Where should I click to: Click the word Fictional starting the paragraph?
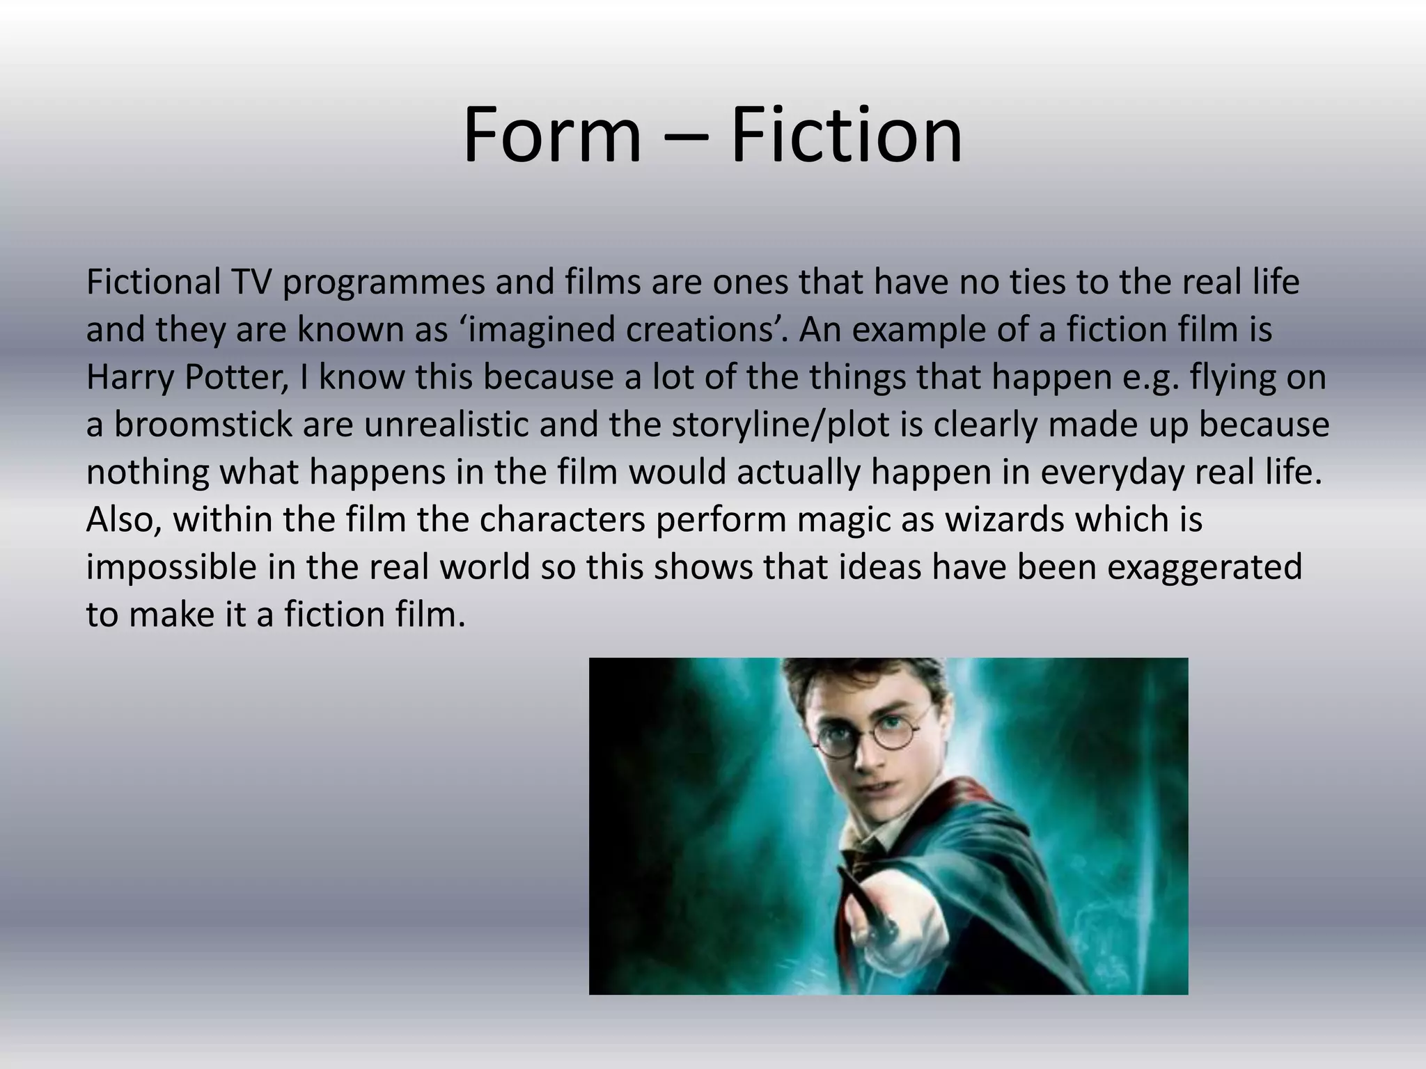pyautogui.click(x=153, y=282)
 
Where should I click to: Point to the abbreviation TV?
pyautogui.click(x=251, y=282)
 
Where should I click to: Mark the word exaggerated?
pyautogui.click(x=1204, y=568)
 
